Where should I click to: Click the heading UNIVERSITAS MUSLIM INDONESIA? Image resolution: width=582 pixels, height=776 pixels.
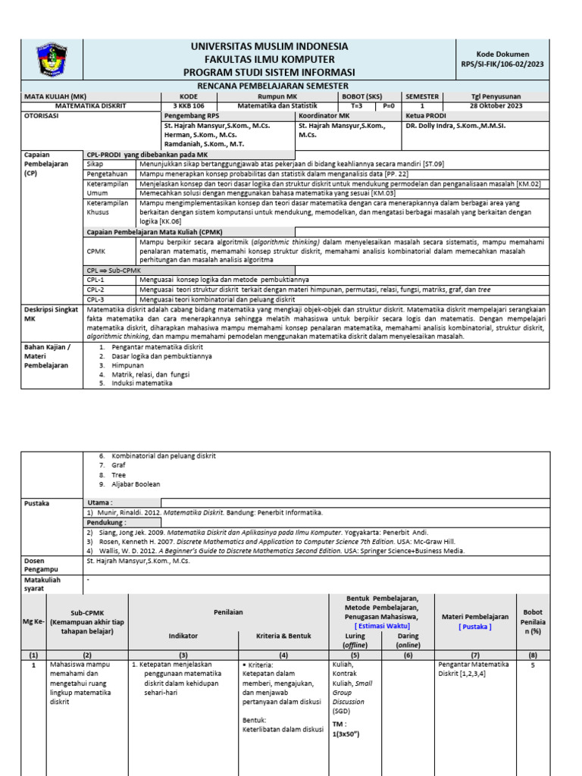270,46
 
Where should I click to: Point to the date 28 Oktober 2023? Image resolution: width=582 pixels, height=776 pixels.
498,106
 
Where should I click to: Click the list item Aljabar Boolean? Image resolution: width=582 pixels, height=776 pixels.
136,484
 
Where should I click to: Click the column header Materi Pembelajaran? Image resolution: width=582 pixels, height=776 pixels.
474,617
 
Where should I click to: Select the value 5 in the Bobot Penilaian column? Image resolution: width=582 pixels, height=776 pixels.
533,665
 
